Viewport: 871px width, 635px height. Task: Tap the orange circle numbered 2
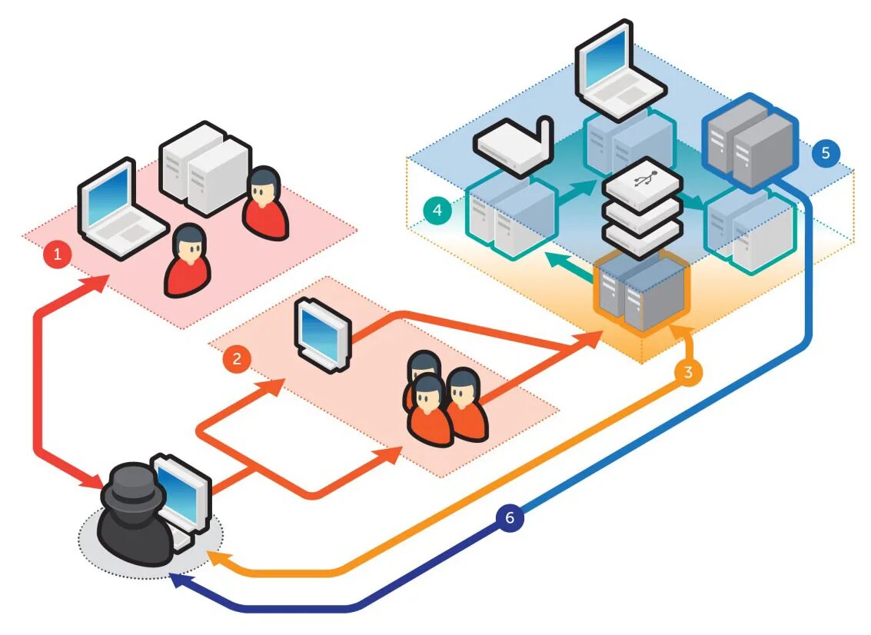pyautogui.click(x=237, y=358)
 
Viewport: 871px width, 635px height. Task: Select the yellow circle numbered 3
pyautogui.click(x=688, y=373)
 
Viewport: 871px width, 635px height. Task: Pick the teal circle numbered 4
pyautogui.click(x=437, y=210)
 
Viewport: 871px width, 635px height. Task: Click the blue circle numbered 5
pyautogui.click(x=826, y=153)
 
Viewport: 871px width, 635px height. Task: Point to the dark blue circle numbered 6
pyautogui.click(x=510, y=518)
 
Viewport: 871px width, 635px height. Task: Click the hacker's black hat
pyautogui.click(x=132, y=484)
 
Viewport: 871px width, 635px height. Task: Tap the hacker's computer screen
pyautogui.click(x=183, y=492)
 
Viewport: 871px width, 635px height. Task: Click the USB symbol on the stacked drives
pyautogui.click(x=643, y=183)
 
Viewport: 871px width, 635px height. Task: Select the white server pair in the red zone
pyautogui.click(x=204, y=165)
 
